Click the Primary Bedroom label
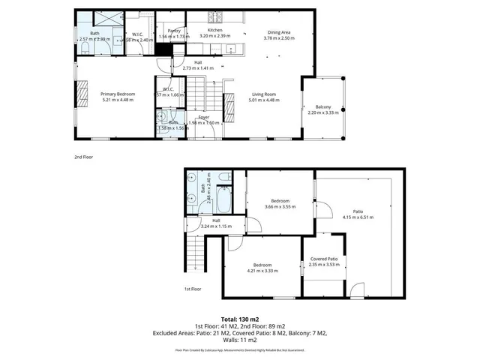[x=118, y=94]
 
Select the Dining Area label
[x=280, y=31]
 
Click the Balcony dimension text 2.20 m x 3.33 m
[x=323, y=113]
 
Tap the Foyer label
[x=202, y=117]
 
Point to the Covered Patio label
[x=324, y=259]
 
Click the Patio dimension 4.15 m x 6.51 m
[x=358, y=217]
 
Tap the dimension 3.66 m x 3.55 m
[x=280, y=206]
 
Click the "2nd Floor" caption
[x=83, y=157]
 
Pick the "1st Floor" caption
[x=193, y=289]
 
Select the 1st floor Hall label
[x=216, y=220]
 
